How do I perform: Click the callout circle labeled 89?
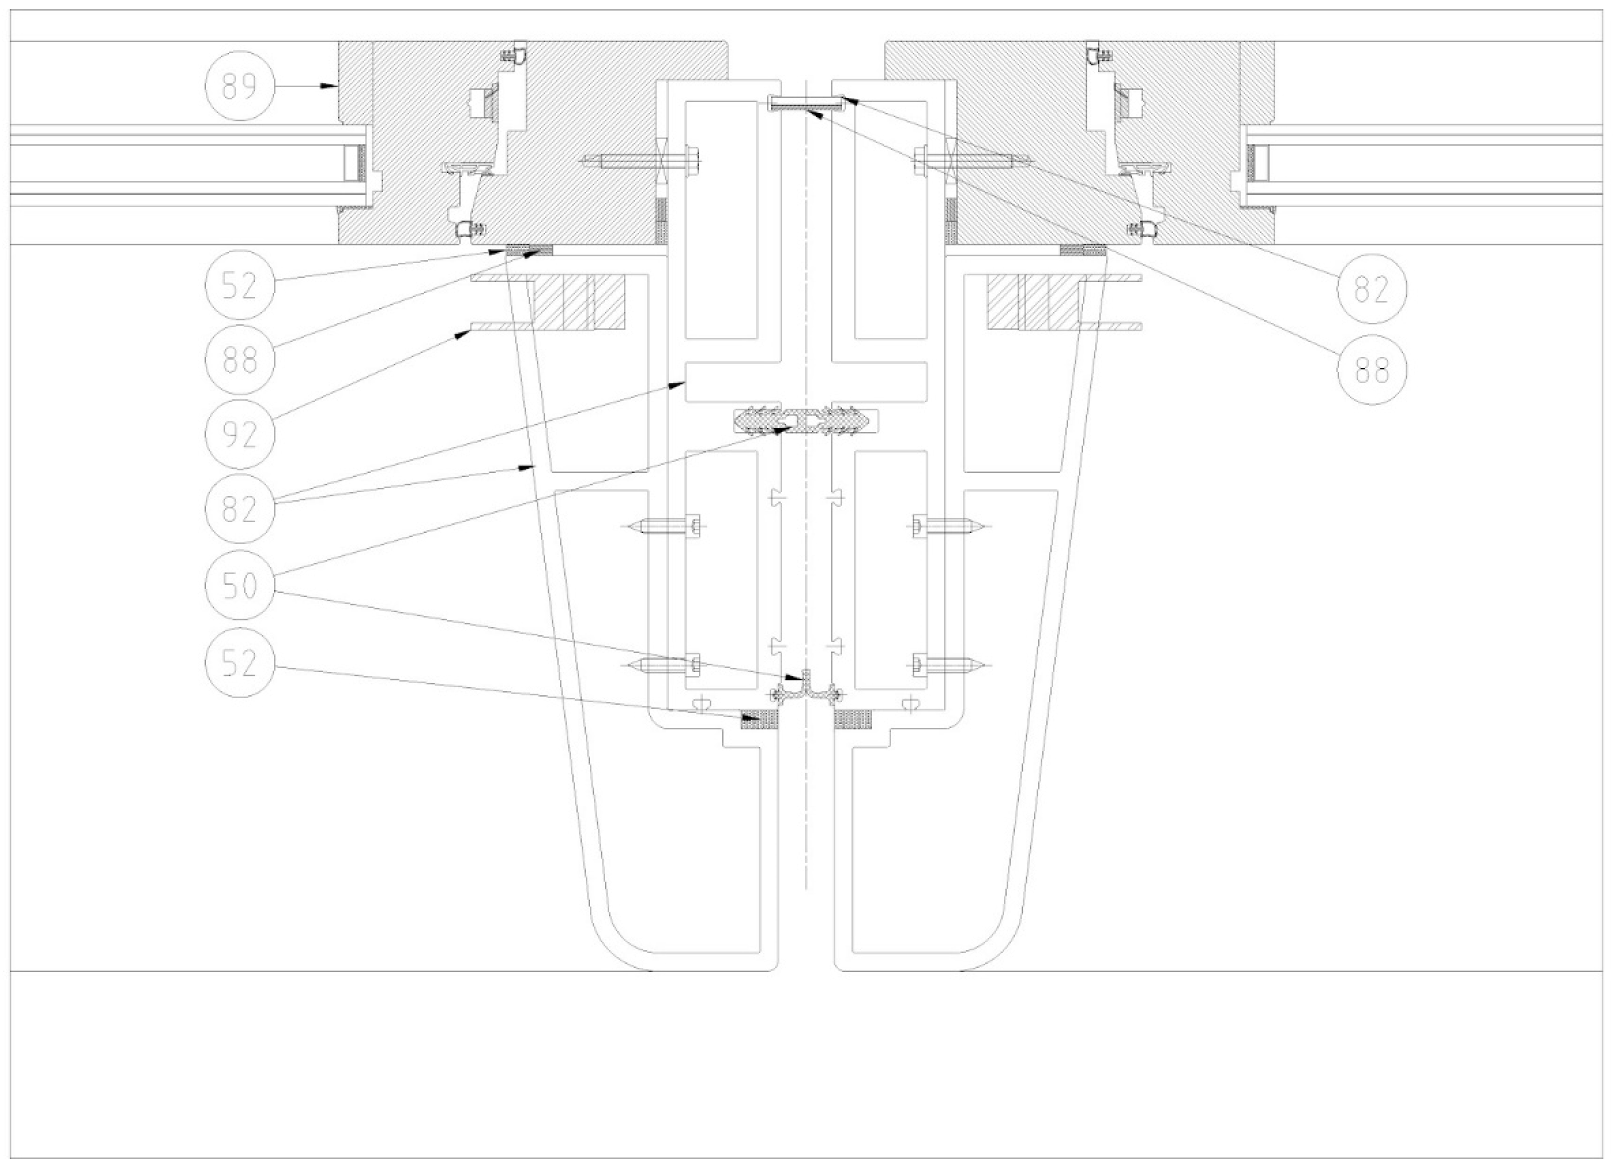239,86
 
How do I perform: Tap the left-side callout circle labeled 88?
239,360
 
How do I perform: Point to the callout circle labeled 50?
239,585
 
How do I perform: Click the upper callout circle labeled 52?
239,284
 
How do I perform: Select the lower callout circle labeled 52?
239,663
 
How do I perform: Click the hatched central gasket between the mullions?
805,422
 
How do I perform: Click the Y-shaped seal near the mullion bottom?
806,688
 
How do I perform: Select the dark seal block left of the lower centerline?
760,720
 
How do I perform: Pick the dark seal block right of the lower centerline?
852,720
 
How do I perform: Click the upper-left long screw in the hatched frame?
640,161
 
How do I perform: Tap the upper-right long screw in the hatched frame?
971,161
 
